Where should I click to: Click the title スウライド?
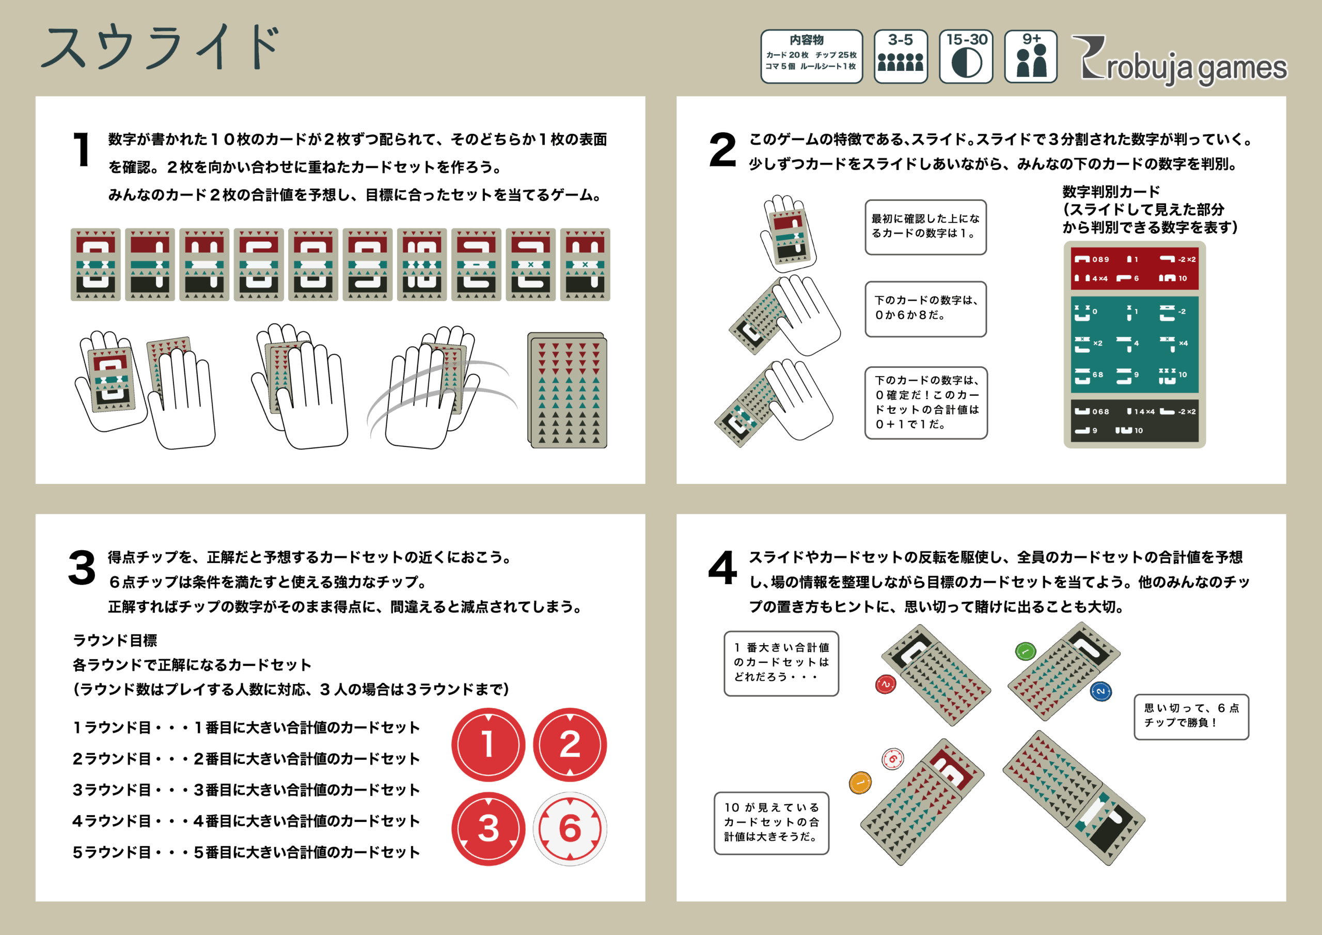point(161,47)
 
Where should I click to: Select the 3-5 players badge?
point(901,56)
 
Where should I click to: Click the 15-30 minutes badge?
point(966,56)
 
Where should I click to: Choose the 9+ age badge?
point(1031,56)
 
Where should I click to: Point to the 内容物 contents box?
point(811,56)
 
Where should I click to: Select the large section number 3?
point(82,567)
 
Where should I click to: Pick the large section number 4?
point(722,567)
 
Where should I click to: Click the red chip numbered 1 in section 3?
point(489,744)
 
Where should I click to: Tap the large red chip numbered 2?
point(570,744)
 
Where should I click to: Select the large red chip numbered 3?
point(489,829)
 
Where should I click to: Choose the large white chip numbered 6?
point(570,829)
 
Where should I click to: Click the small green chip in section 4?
point(1026,651)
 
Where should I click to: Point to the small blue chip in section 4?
point(1100,691)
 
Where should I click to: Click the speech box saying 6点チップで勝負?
point(1191,716)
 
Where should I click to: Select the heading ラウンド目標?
point(115,640)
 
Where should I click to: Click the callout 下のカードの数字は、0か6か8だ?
point(926,309)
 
